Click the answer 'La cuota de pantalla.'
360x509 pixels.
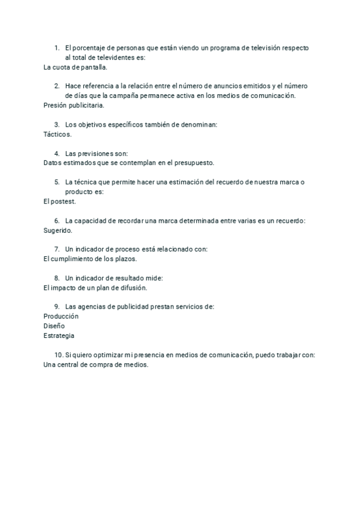(x=76, y=67)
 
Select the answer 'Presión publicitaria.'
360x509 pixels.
(x=74, y=106)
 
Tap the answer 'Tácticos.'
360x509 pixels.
(x=58, y=134)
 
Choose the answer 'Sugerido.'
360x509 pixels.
(x=58, y=230)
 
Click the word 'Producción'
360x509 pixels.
(x=61, y=316)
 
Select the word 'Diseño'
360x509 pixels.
(x=55, y=326)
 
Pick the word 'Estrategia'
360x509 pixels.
(x=59, y=336)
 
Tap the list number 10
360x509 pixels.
(x=58, y=355)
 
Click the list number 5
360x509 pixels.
(x=56, y=182)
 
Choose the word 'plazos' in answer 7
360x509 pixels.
(x=125, y=259)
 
